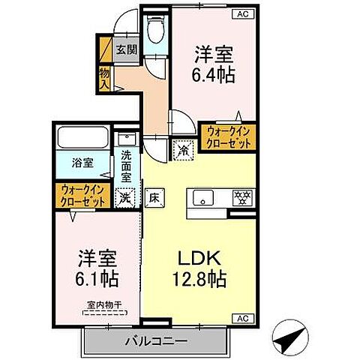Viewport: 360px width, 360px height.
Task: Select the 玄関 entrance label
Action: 126,50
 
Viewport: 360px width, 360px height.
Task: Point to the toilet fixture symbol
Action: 157,31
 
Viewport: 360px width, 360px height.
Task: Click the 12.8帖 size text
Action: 198,279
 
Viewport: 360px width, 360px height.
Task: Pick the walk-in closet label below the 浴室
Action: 82,195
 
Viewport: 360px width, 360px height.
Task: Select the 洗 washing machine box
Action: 125,197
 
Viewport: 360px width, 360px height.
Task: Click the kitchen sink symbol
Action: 203,198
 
